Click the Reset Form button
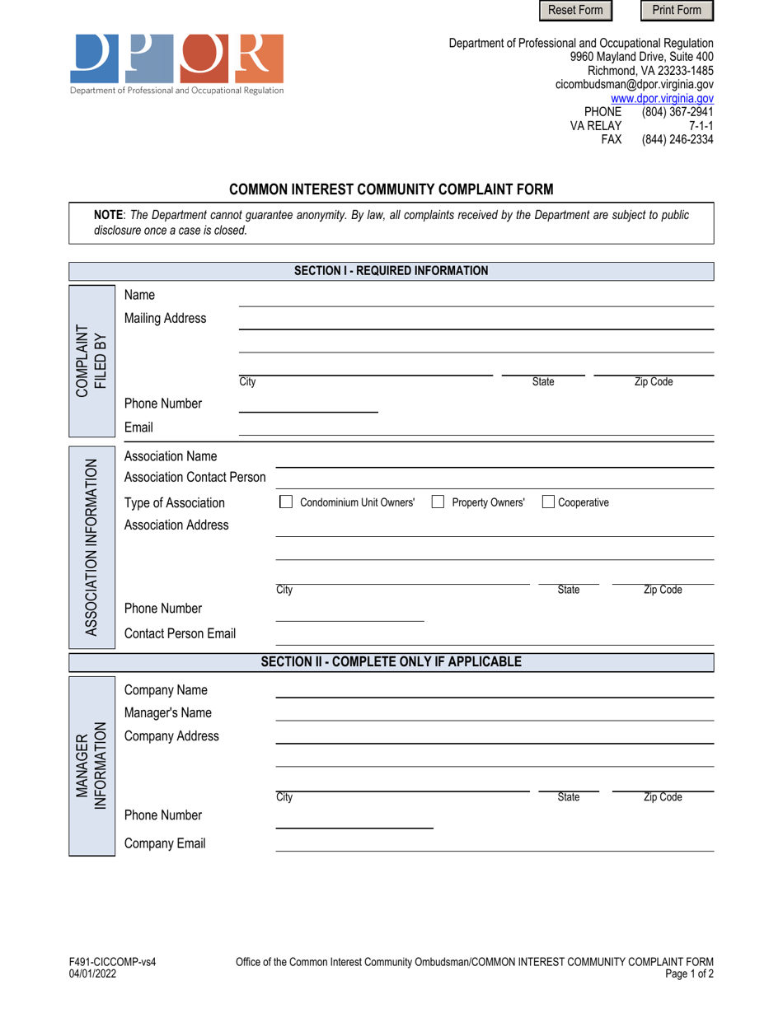(x=576, y=11)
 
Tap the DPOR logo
(x=177, y=63)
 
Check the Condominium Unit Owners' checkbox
(x=286, y=502)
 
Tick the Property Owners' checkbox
(x=438, y=502)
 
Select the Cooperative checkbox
(x=548, y=502)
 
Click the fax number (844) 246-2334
(x=678, y=140)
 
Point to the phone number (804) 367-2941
(x=678, y=112)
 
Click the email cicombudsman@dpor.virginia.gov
(x=635, y=84)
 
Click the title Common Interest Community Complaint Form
(x=391, y=189)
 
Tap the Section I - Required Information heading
(x=391, y=271)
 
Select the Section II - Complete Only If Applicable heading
(x=391, y=661)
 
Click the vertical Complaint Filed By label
(x=91, y=361)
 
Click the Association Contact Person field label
(x=195, y=478)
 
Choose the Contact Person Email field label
(x=180, y=633)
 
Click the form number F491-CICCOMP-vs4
(x=112, y=962)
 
